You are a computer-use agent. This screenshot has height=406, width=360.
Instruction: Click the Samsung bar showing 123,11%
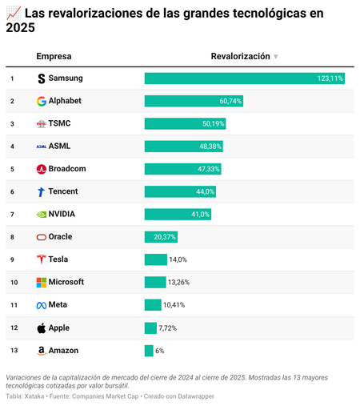[244, 78]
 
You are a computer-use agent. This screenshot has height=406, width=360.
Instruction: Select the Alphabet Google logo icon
[42, 102]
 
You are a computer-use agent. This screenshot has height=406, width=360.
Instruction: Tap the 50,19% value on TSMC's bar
[214, 124]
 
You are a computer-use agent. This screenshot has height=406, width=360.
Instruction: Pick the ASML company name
[60, 147]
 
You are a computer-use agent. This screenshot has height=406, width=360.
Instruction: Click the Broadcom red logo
[42, 169]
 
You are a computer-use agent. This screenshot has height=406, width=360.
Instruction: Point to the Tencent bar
[180, 191]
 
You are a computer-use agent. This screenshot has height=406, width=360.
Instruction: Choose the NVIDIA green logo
[42, 215]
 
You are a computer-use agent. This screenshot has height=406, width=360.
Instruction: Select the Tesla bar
[155, 259]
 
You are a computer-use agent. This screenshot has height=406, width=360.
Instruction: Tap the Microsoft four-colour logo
[42, 282]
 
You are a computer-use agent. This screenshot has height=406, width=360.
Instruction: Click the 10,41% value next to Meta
[174, 305]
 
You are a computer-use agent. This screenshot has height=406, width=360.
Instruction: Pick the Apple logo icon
[42, 328]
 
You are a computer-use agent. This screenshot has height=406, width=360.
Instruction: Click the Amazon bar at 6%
[149, 350]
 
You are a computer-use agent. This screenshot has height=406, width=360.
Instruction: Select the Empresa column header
[54, 56]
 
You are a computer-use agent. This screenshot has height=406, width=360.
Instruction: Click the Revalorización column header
[240, 56]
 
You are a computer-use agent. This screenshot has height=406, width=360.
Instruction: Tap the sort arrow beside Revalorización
[276, 57]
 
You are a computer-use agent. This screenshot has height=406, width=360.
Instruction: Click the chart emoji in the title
[13, 14]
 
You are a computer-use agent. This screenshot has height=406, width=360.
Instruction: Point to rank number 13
[13, 350]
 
